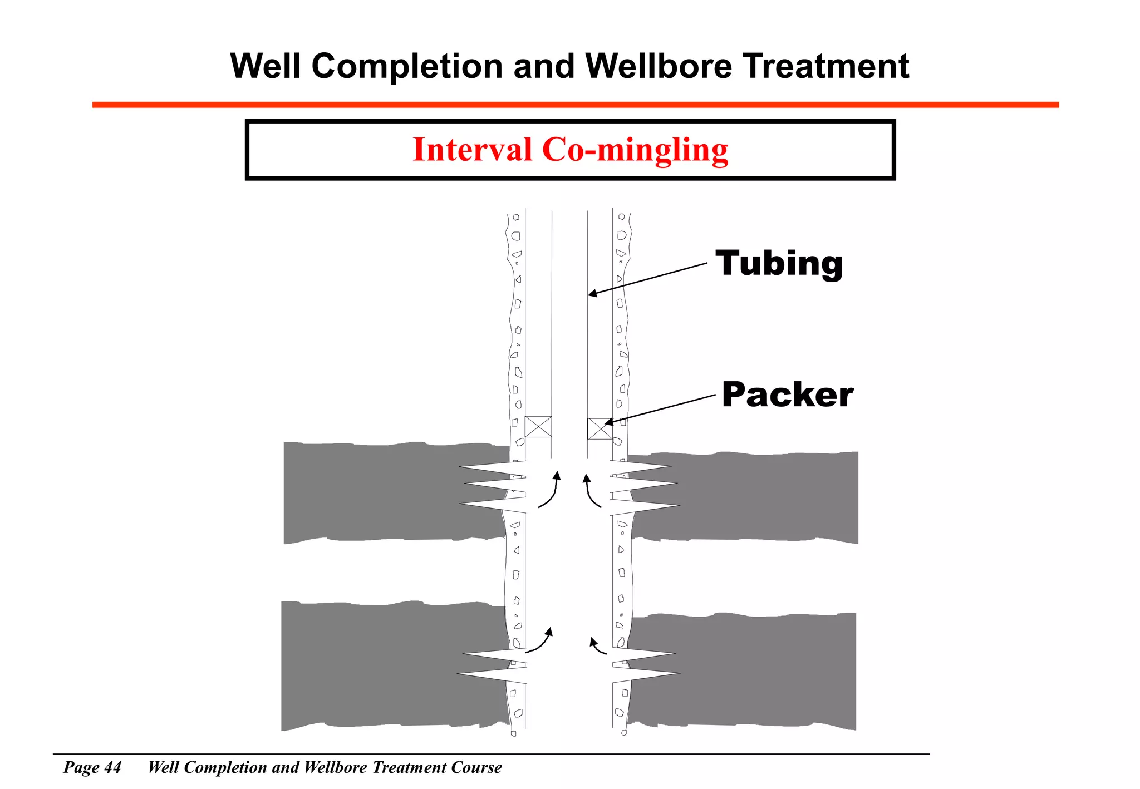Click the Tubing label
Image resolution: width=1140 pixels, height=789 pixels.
coord(779,264)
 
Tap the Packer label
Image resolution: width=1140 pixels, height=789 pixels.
coord(787,394)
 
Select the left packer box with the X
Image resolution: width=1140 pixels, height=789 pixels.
coord(538,427)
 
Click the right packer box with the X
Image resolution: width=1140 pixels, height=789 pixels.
coord(600,428)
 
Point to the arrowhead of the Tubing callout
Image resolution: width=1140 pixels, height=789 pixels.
coord(592,294)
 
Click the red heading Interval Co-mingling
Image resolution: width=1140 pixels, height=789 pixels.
coord(570,150)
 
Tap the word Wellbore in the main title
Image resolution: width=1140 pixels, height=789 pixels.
coord(659,66)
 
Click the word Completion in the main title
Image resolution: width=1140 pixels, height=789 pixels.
coord(407,66)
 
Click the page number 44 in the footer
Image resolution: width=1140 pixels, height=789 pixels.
coord(112,767)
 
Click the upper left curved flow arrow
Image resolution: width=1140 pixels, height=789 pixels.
coord(550,490)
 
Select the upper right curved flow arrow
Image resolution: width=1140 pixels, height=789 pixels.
coord(591,491)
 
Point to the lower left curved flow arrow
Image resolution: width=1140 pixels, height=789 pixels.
coord(540,640)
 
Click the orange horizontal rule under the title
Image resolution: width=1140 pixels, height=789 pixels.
coord(575,105)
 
